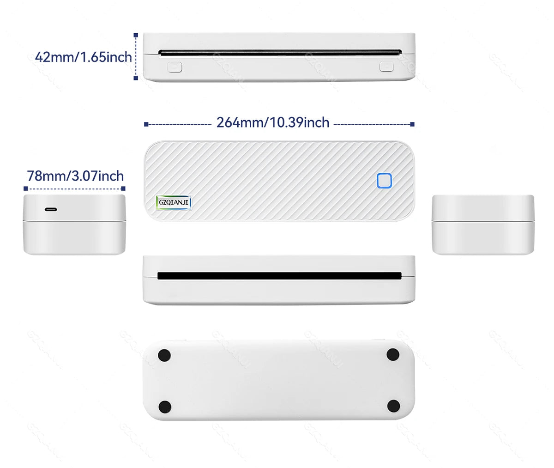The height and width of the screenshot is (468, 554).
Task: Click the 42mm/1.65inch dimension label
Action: pyautogui.click(x=83, y=57)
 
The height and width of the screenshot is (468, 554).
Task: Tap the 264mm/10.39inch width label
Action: pyautogui.click(x=273, y=122)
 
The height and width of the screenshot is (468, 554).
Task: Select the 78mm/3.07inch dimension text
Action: pyautogui.click(x=75, y=176)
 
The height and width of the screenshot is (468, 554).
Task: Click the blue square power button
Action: pyautogui.click(x=384, y=181)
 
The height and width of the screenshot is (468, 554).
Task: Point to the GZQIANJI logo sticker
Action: pyautogui.click(x=174, y=202)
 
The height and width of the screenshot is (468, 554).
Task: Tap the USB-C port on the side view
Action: pyautogui.click(x=51, y=210)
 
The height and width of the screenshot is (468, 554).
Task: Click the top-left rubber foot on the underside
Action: pyautogui.click(x=164, y=355)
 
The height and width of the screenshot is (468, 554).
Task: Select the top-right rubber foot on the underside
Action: pyautogui.click(x=393, y=355)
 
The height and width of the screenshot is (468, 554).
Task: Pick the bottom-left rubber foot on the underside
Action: pyautogui.click(x=165, y=407)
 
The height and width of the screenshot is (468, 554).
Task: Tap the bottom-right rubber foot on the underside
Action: pyautogui.click(x=393, y=406)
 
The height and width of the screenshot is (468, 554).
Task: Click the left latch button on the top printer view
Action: pyautogui.click(x=175, y=67)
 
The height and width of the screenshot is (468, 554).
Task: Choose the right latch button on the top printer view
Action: pyautogui.click(x=386, y=67)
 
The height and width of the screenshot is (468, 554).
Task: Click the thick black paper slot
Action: pyautogui.click(x=279, y=276)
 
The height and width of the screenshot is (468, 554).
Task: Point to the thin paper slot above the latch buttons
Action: pyautogui.click(x=279, y=53)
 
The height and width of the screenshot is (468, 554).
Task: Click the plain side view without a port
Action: pyautogui.click(x=483, y=225)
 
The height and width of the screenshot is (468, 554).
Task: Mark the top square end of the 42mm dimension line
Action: pyautogui.click(x=136, y=35)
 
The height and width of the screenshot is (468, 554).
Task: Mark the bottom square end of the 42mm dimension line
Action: pyautogui.click(x=136, y=78)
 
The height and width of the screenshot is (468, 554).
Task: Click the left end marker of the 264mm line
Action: pyautogui.click(x=146, y=124)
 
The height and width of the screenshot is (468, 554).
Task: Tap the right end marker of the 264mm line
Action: pyautogui.click(x=412, y=124)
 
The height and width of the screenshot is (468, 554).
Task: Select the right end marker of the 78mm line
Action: pyautogui.click(x=123, y=188)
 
